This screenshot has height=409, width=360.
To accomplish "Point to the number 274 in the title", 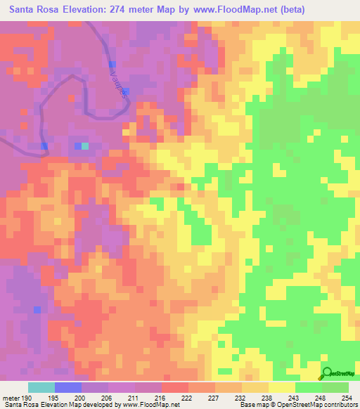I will coord(127,11).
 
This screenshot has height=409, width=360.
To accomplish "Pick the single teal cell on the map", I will coord(85,146).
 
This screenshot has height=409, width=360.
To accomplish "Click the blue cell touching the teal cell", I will coord(77,146).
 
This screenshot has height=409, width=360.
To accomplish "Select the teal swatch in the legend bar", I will coord(41,387).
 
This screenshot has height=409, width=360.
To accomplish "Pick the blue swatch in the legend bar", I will coord(68,387).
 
